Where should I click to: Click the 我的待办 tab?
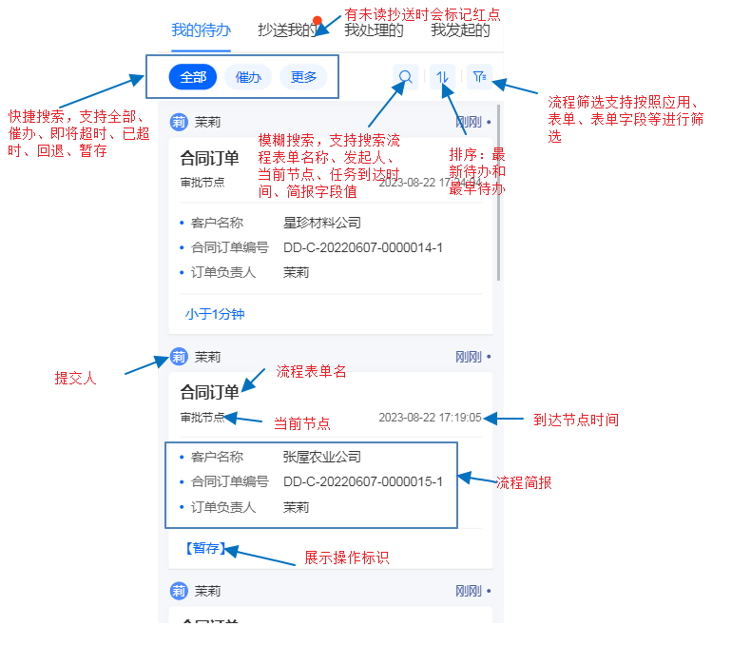(x=201, y=30)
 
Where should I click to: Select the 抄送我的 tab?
(x=287, y=30)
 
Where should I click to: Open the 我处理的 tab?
(x=374, y=30)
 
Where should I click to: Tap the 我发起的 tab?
(x=460, y=30)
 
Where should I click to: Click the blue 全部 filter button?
(x=193, y=77)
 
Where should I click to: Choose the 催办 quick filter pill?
(x=248, y=77)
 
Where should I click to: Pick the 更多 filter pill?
(x=303, y=77)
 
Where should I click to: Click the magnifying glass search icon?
(x=405, y=77)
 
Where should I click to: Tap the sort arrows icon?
(x=442, y=77)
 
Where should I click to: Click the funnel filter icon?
(x=479, y=77)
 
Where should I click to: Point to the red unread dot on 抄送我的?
(x=318, y=19)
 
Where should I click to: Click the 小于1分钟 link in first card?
(x=215, y=313)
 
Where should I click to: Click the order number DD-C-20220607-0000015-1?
(x=363, y=481)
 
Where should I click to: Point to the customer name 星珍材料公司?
(x=322, y=223)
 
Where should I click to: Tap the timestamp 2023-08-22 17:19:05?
(x=430, y=418)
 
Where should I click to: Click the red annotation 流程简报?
(x=524, y=483)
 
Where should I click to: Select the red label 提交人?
(x=75, y=378)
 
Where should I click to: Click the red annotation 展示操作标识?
(x=346, y=558)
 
